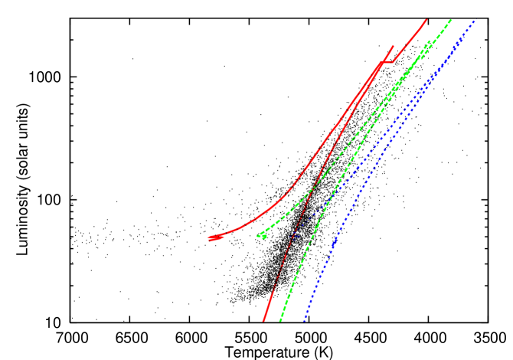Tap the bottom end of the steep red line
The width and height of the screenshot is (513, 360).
[x=263, y=320]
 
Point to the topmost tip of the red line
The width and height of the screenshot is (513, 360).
[x=426, y=20]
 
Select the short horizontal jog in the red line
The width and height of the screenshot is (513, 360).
[x=387, y=61]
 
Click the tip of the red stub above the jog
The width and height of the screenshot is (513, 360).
[x=394, y=46]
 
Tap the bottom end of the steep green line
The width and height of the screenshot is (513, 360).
[x=280, y=320]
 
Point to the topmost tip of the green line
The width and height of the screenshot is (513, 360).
[x=450, y=20]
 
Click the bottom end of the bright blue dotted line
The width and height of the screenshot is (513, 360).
[x=305, y=319]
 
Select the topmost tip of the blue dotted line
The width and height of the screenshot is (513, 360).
[x=475, y=21]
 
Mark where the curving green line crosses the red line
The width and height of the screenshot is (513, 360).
[x=314, y=186]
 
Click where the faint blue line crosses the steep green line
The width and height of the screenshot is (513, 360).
[x=322, y=205]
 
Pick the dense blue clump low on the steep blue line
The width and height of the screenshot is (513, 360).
[x=334, y=242]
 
